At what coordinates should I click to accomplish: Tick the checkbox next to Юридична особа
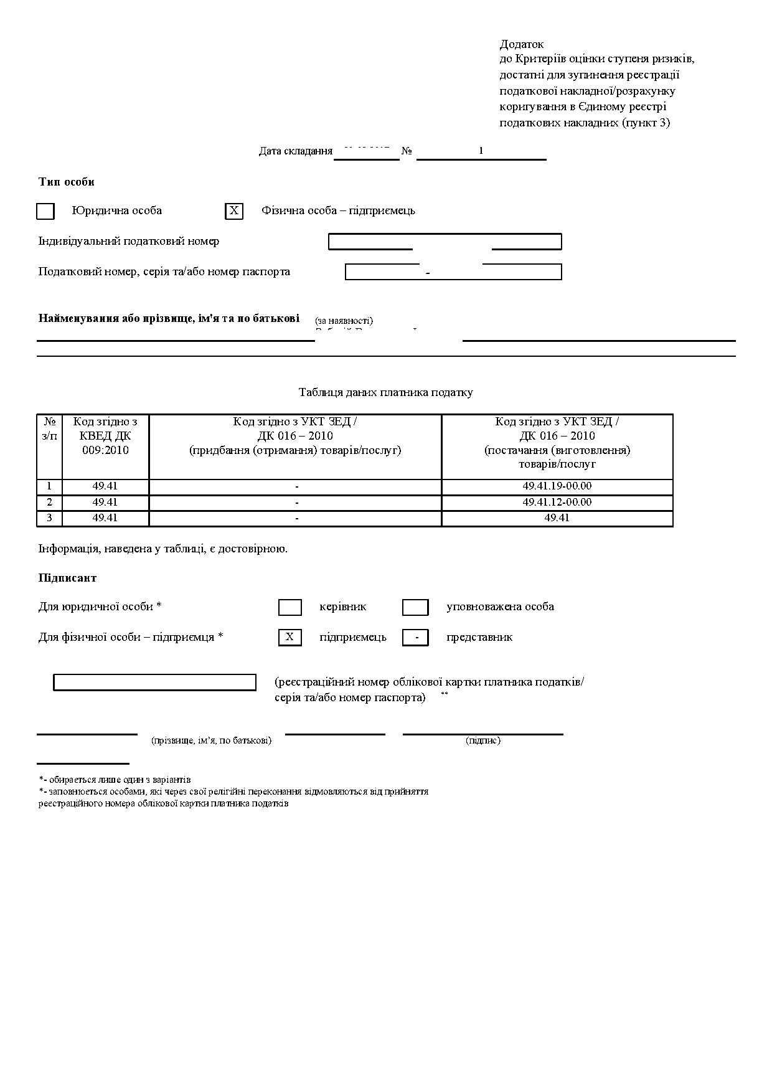45,212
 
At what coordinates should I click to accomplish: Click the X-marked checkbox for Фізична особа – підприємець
234,211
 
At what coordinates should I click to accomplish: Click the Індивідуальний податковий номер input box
445,242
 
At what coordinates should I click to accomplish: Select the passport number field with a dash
453,272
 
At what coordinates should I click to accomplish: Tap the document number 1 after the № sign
481,151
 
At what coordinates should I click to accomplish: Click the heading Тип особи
67,182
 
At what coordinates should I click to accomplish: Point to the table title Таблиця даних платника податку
385,392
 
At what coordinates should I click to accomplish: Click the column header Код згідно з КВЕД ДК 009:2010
105,436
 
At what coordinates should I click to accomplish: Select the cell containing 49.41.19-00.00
557,486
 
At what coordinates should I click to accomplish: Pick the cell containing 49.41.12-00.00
557,502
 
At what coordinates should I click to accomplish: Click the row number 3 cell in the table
50,518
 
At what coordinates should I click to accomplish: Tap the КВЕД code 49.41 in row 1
105,486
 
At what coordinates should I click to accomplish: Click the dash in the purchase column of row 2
296,502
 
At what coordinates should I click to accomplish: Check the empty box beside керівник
289,607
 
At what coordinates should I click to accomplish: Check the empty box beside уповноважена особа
415,607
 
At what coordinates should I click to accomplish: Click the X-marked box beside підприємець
289,637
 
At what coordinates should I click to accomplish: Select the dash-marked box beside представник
415,638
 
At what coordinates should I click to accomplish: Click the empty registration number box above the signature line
154,682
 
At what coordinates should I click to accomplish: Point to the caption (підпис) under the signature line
482,740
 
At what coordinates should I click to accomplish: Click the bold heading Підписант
68,578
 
